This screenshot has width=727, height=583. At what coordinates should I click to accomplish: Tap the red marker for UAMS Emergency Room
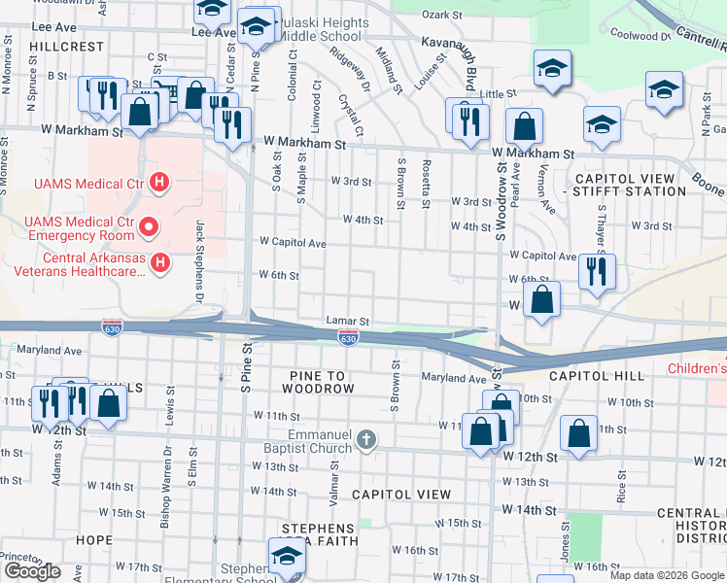click(149, 228)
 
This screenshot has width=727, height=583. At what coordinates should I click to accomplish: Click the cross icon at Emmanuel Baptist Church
click(365, 440)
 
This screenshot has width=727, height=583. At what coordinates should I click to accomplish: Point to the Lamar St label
click(348, 321)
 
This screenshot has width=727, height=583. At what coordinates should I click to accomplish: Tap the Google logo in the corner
click(32, 571)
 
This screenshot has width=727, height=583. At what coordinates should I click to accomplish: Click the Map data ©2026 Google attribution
click(667, 575)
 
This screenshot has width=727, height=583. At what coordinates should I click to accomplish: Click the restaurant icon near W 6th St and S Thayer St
click(596, 271)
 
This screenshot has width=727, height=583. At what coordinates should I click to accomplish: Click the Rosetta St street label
click(426, 184)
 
